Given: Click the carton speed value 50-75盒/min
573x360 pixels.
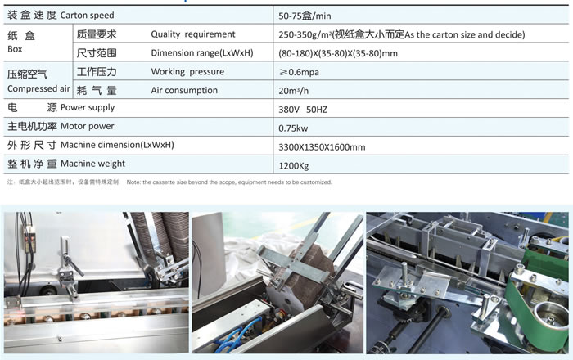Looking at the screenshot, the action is point(305,16).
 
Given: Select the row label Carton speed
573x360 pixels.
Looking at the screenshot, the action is point(87,15).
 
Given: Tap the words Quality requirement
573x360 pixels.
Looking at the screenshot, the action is point(193,34).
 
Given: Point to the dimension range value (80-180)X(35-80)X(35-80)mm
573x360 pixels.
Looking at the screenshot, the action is point(337,53).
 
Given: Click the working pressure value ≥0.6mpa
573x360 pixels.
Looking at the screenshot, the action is point(299,72).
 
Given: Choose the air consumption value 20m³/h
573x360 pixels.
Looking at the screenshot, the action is point(293,91).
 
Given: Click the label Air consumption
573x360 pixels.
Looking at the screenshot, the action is point(184,90).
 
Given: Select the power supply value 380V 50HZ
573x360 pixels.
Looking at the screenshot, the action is point(303,110).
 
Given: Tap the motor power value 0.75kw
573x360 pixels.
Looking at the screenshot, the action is point(293,128).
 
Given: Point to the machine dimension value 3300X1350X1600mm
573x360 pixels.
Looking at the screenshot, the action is point(322,146).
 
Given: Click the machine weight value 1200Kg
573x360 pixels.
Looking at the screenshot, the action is point(293,166).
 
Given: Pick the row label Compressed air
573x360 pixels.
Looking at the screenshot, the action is point(38,88).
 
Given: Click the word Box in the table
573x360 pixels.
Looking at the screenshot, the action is point(15,49).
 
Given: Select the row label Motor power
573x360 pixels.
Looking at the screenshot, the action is point(87,126).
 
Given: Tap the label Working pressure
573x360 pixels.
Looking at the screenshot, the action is point(187,71).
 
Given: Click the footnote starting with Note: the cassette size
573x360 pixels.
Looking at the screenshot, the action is point(229,182).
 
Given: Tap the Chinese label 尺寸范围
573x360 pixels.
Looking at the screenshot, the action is point(97,53).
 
